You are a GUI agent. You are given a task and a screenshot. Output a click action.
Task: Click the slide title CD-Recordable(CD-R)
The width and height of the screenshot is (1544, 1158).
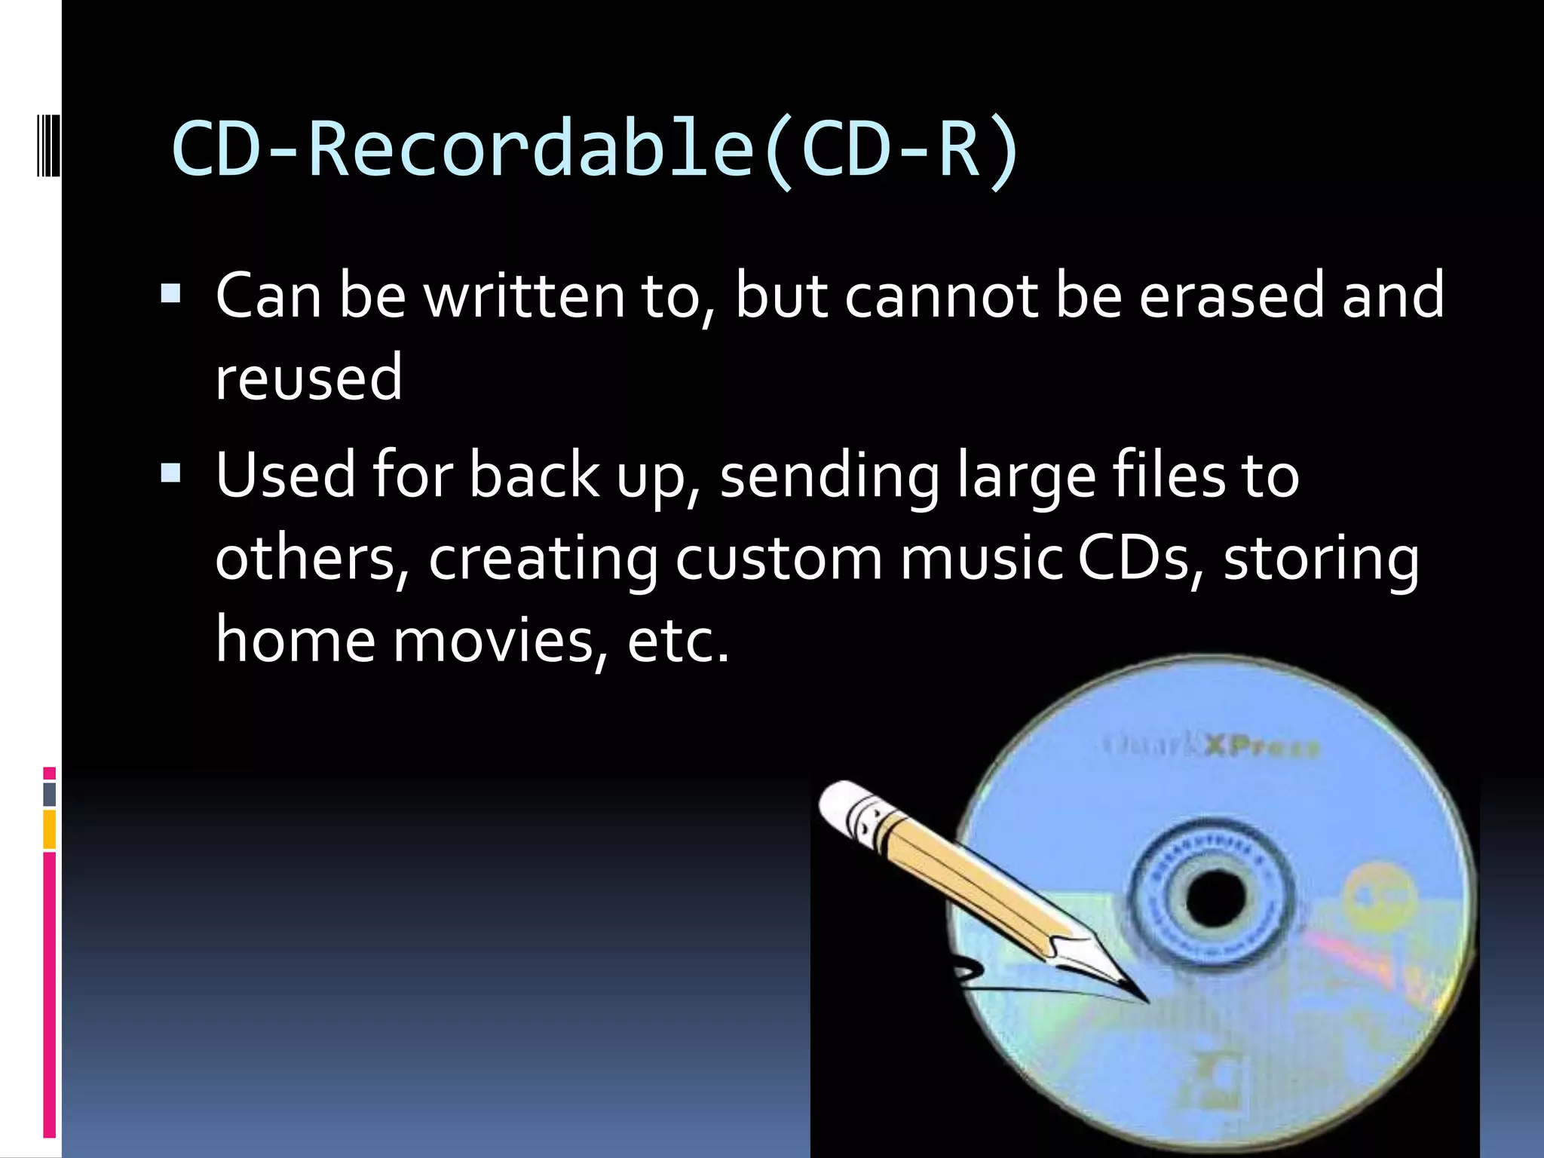tap(596, 149)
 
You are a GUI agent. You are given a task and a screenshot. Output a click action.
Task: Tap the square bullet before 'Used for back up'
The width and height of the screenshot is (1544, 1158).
tap(171, 473)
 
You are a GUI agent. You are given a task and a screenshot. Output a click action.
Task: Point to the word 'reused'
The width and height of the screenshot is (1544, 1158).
tap(308, 378)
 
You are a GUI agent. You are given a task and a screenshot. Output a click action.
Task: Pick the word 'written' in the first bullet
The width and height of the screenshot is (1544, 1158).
tap(525, 296)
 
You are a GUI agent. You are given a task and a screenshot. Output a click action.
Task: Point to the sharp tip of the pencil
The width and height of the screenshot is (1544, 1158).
tap(1144, 1000)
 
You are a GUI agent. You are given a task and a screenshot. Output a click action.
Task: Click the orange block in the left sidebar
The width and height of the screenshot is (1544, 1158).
tap(50, 829)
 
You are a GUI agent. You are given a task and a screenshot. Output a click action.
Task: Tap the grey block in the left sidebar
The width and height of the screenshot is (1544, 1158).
tap(50, 794)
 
